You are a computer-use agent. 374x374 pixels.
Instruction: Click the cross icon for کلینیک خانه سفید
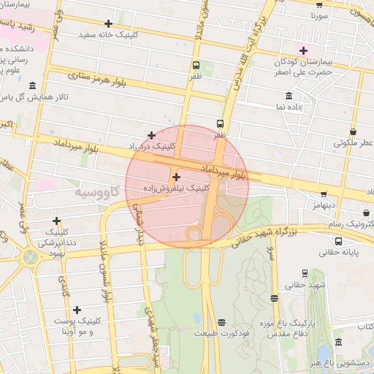(x=108, y=23)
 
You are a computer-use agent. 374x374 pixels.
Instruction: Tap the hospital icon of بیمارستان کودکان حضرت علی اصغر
(x=302, y=50)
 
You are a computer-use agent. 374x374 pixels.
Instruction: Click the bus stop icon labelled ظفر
(x=221, y=124)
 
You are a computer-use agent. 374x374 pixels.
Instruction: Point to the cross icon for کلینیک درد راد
(x=151, y=135)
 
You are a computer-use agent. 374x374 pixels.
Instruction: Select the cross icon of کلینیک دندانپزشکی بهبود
(x=56, y=221)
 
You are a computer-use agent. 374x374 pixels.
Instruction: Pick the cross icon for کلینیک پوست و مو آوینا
(x=77, y=310)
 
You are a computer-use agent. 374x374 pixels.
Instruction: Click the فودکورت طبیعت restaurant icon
(x=221, y=322)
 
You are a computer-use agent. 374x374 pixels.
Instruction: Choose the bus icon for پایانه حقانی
(x=338, y=240)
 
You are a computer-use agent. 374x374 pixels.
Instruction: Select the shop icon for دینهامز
(x=324, y=194)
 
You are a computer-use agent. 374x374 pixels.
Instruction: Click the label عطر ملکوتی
(x=353, y=143)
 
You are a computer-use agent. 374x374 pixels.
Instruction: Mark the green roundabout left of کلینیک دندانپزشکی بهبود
(x=30, y=257)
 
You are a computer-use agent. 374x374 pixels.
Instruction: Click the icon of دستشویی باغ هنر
(x=336, y=342)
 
